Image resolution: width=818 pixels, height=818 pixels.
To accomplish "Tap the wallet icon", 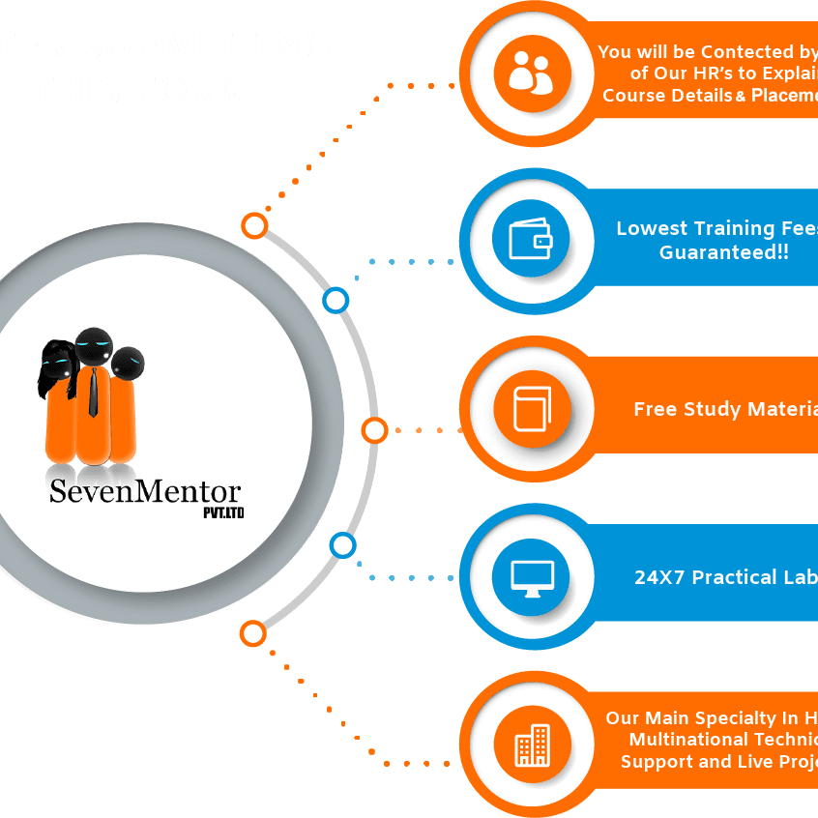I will pos(530,239).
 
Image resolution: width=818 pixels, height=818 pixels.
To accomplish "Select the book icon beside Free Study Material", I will pos(531,408).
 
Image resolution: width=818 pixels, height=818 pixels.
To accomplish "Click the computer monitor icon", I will pos(531,577).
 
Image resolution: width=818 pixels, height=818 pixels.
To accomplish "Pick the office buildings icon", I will pos(532,745).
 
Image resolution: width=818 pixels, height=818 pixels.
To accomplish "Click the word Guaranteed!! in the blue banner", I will pos(723,252).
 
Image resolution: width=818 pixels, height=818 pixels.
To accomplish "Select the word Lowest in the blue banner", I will pos(653,229).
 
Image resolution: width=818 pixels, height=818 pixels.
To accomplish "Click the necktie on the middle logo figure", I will pos(93,391).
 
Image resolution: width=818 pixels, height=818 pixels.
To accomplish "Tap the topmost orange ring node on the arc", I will pos(254,226).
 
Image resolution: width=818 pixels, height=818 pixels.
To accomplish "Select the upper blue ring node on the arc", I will pos(336,301).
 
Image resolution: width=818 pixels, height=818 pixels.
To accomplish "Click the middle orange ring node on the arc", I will pos(374,430).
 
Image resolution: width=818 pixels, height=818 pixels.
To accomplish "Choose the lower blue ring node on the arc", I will pos(342,545).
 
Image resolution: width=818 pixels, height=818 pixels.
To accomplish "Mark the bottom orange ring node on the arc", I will pos(253,633).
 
